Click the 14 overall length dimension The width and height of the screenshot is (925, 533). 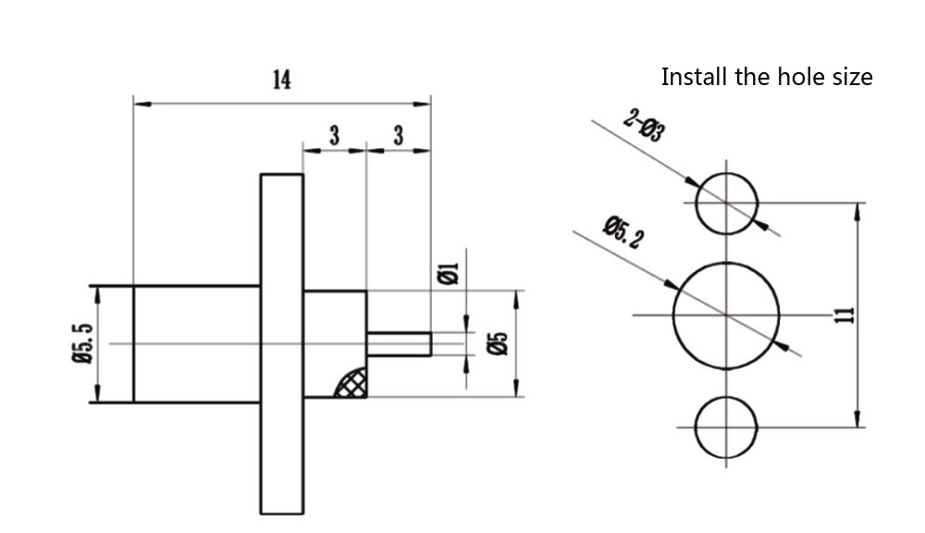281,81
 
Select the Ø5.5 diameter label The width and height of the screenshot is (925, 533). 82,343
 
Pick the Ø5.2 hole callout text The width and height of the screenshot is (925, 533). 623,231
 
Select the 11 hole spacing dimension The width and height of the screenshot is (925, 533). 843,316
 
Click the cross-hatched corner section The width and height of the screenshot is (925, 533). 351,382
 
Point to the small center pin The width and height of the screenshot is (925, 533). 399,344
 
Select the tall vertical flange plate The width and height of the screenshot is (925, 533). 281,343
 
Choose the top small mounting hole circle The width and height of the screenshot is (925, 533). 727,202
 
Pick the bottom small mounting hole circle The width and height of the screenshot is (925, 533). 727,427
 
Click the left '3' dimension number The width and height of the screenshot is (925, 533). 335,136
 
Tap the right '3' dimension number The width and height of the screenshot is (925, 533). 399,136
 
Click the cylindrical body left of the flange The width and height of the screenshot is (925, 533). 196,343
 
